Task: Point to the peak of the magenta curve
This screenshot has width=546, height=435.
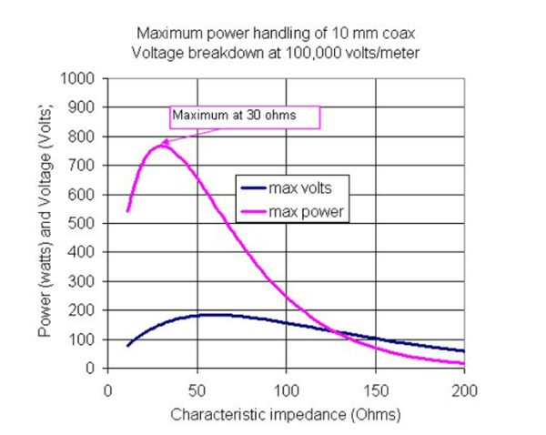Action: (x=162, y=145)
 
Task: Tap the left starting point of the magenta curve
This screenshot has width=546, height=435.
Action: (x=127, y=211)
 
